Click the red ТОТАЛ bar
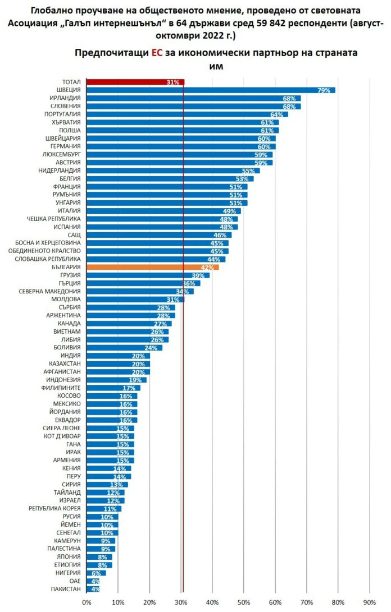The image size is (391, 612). [x=135, y=82]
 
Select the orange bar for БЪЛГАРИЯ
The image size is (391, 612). [x=152, y=268]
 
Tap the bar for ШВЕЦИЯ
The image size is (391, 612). [x=211, y=90]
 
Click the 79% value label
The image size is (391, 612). [x=324, y=90]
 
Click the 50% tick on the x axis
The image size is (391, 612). [x=244, y=602]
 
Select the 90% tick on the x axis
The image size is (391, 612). [x=369, y=602]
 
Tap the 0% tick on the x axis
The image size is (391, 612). [x=87, y=602]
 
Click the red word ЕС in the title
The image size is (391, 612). [x=157, y=52]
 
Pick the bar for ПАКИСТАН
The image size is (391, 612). [x=93, y=589]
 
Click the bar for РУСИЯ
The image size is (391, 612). [x=102, y=517]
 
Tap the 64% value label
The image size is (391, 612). [x=277, y=114]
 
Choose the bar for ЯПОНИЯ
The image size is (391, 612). [x=99, y=557]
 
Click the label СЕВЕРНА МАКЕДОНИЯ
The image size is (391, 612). [x=49, y=291]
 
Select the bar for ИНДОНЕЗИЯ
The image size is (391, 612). [x=116, y=380]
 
